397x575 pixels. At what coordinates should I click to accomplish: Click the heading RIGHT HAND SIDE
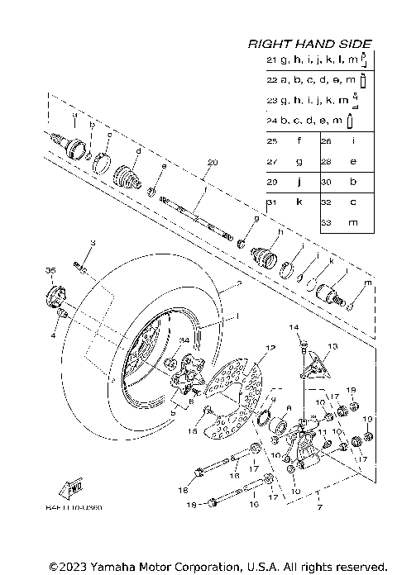[x=310, y=44]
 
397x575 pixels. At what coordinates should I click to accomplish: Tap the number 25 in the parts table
[x=271, y=141]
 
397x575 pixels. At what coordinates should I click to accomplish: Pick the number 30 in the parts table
[x=327, y=182]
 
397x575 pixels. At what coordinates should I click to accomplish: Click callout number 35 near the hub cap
[x=50, y=271]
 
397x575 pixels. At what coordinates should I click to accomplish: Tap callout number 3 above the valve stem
[x=93, y=243]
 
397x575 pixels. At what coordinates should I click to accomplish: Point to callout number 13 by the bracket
[x=333, y=346]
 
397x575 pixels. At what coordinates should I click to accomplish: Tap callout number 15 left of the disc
[x=193, y=430]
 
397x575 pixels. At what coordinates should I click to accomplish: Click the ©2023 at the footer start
[x=62, y=567]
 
